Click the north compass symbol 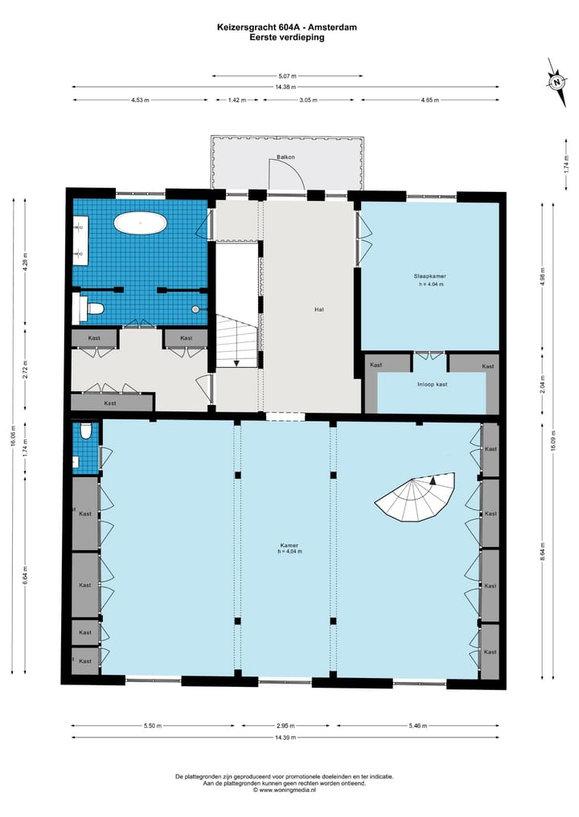tap(556, 80)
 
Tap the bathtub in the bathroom tap(140, 223)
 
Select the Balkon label tap(285, 157)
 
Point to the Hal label tap(319, 308)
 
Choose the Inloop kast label tap(432, 384)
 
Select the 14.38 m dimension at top tap(285, 87)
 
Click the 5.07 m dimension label tap(285, 76)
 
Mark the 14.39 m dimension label tap(285, 737)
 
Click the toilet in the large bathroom tap(93, 308)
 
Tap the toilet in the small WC tap(86, 431)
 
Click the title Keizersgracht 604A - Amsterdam tap(287, 27)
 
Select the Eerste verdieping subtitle tap(287, 37)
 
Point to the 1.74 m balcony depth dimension tap(566, 164)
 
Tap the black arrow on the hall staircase tap(236, 362)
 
